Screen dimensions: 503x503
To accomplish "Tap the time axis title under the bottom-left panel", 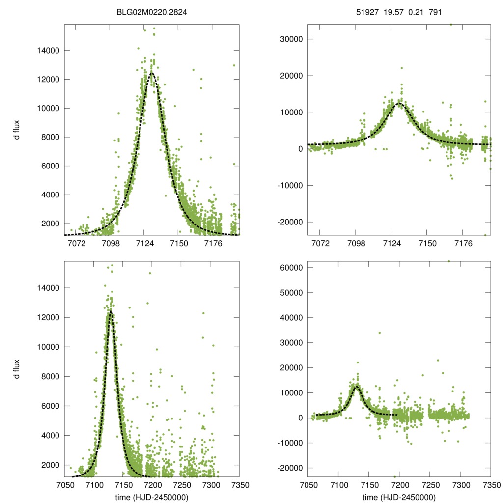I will click(x=152, y=497).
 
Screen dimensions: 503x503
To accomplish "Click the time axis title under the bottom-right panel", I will click(x=399, y=497).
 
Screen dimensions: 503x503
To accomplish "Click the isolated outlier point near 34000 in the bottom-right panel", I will click(x=379, y=333).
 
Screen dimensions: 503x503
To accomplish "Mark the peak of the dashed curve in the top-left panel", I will click(x=151, y=73).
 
